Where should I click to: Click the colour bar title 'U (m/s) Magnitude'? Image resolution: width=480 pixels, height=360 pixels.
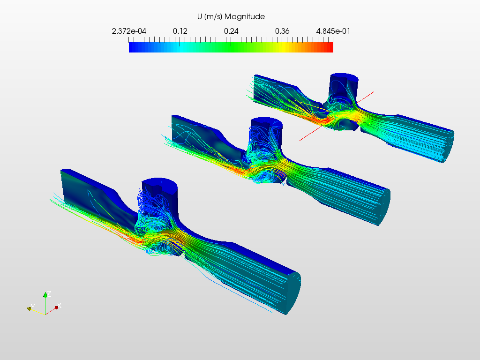coord(231,16)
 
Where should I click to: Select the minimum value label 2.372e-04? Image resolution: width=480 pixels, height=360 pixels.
coord(129,31)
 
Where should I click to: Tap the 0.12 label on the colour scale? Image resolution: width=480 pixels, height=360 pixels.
coord(180,31)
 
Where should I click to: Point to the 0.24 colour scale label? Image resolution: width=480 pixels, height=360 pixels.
coord(231,31)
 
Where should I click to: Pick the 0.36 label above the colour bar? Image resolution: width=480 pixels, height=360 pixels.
coord(282,31)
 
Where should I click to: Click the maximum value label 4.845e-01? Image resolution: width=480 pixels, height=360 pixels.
coord(333,31)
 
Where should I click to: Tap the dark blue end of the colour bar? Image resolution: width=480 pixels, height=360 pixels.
coord(132,47)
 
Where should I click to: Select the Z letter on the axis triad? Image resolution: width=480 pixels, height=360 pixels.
coord(49,294)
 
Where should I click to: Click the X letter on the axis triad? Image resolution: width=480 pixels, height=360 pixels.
coord(60,306)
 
